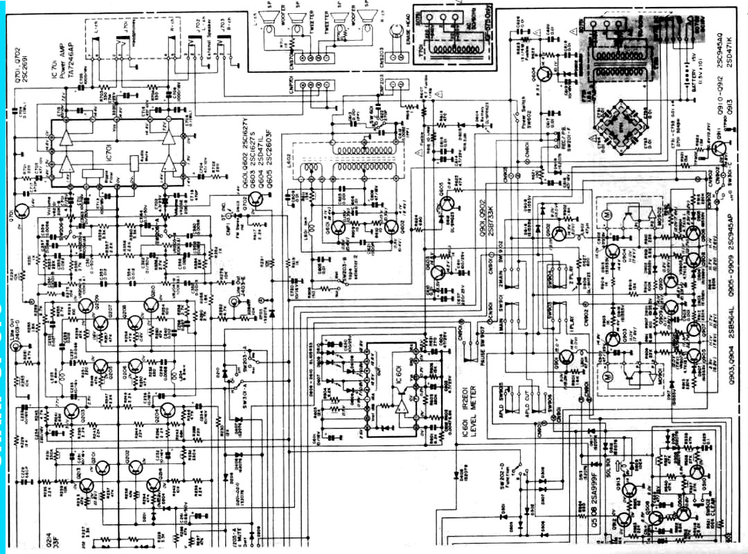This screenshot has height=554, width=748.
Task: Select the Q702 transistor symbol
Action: click(257, 201)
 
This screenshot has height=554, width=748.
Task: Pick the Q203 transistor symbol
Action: click(72, 411)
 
